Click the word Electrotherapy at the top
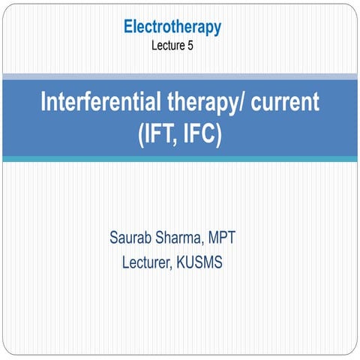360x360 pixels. [x=172, y=28]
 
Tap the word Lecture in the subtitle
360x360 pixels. [x=167, y=45]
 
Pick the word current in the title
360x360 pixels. [x=282, y=103]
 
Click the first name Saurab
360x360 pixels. [x=133, y=241]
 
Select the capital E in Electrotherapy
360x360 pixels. [x=128, y=28]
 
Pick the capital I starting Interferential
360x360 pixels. [x=43, y=103]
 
